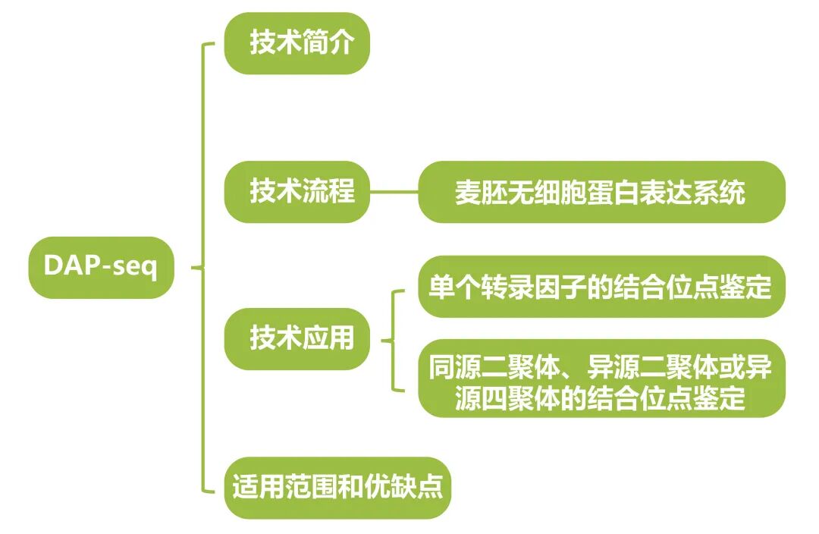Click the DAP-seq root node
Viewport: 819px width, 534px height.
[x=101, y=267]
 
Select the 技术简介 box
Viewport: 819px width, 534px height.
[x=297, y=43]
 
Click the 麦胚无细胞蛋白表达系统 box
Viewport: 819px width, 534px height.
[x=601, y=192]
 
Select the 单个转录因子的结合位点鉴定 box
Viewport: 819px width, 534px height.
[x=601, y=287]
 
